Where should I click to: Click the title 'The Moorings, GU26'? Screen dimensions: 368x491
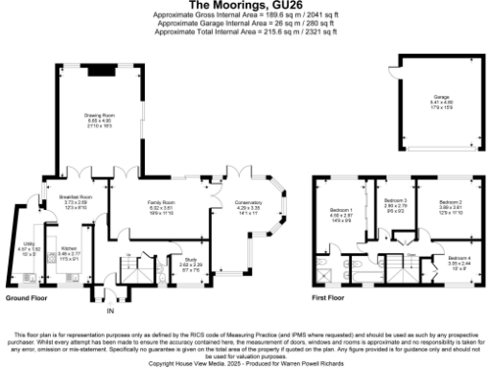point(245,7)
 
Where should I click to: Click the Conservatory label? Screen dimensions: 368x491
point(248,203)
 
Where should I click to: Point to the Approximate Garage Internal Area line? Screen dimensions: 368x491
point(245,24)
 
